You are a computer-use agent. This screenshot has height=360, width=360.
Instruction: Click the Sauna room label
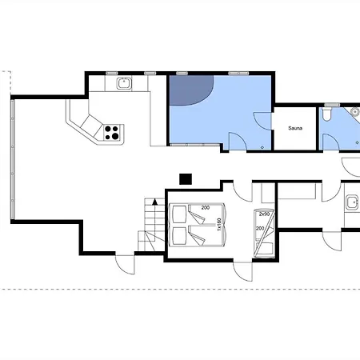click(x=295, y=128)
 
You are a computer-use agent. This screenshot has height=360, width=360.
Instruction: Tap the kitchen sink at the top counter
click(x=124, y=83)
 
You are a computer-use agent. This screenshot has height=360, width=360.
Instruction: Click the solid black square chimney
click(x=186, y=179)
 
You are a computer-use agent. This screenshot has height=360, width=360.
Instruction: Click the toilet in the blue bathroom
click(x=326, y=113)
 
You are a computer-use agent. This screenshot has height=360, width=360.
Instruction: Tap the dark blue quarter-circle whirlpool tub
click(x=190, y=90)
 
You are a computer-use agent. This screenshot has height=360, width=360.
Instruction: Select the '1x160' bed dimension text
click(x=219, y=224)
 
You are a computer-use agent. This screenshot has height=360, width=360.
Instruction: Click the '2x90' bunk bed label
click(x=264, y=214)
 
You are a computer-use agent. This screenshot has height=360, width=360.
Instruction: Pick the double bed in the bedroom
click(x=198, y=225)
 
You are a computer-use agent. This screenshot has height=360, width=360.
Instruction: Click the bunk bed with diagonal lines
click(x=264, y=234)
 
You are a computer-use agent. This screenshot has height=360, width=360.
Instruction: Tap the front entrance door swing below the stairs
click(x=126, y=264)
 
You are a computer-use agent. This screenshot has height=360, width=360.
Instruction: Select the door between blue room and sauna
click(x=262, y=122)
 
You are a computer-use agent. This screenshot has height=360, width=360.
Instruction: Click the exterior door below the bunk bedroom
click(x=242, y=271)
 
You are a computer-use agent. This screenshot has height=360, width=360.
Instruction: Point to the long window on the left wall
click(x=12, y=159)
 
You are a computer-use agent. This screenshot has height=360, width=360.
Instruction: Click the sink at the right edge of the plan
click(x=353, y=202)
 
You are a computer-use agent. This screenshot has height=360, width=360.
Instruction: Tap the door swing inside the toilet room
click(x=331, y=142)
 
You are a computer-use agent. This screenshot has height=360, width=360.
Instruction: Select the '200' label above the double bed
click(x=206, y=208)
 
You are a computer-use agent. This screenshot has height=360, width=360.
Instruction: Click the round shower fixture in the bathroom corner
click(x=355, y=111)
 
